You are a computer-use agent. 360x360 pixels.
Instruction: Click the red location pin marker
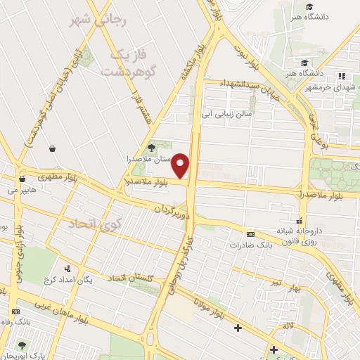point(181,166)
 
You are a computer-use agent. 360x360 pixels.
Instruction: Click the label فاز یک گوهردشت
point(127,63)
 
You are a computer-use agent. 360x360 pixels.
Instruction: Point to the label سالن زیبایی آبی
point(227,112)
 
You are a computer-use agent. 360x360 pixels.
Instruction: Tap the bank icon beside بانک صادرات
point(250,234)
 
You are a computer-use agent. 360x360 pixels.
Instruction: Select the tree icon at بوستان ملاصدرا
point(151,147)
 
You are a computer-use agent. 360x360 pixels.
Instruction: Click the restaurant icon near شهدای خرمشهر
point(342,76)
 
